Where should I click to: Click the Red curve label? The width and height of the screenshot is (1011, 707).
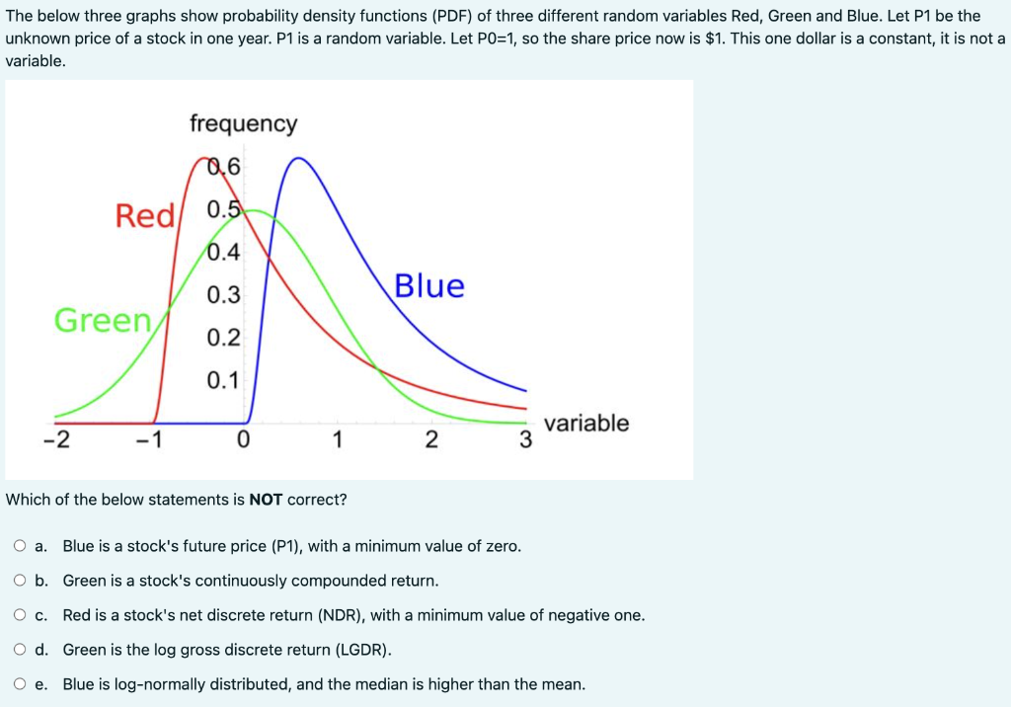[144, 215]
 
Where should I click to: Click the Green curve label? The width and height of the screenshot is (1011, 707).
[103, 320]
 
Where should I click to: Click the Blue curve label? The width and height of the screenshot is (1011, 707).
[429, 285]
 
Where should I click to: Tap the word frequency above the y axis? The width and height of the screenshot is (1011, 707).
[243, 123]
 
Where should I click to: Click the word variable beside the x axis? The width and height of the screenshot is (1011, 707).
[585, 423]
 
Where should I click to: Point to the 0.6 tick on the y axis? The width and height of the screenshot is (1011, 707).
[224, 167]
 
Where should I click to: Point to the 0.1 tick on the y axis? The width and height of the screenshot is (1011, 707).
[223, 380]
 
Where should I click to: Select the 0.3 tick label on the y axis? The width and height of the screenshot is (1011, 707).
[223, 295]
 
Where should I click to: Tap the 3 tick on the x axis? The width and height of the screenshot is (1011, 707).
[526, 440]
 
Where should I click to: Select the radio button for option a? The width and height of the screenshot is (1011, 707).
[21, 546]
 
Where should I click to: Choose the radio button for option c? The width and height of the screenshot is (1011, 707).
[21, 615]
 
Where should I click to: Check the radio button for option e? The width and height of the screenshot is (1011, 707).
[21, 683]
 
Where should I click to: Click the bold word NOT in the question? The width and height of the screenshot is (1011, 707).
[266, 500]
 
